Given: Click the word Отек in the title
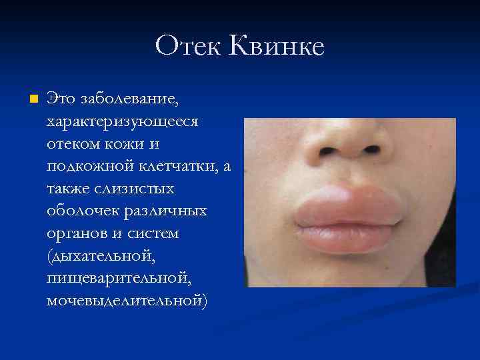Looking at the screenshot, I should (x=189, y=45).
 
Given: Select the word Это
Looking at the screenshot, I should (x=60, y=99).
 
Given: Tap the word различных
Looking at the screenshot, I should (x=164, y=212).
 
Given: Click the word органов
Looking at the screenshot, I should (x=75, y=234).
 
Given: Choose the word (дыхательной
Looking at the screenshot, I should (x=93, y=257).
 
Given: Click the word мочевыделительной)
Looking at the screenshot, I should (x=127, y=301).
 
